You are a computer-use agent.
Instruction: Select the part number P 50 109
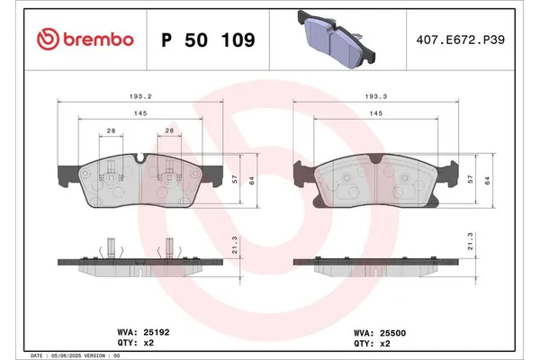point(206,40)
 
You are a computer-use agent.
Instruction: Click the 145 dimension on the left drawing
point(141,112)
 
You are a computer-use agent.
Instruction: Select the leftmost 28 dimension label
point(111,131)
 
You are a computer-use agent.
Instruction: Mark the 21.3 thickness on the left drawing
point(237,243)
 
